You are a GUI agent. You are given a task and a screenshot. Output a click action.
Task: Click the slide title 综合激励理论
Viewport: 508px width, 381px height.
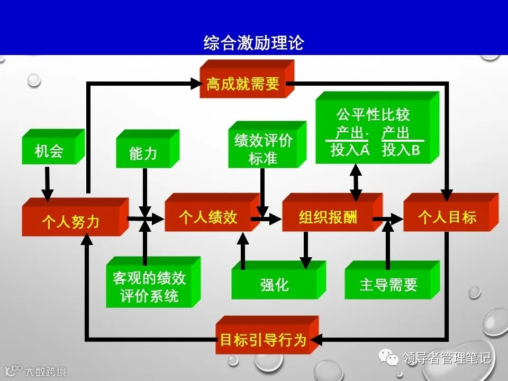[x=253, y=43]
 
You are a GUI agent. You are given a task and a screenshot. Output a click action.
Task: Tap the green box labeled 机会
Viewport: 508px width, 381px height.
[x=49, y=151]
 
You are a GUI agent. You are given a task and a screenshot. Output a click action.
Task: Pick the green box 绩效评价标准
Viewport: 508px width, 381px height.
[x=263, y=149]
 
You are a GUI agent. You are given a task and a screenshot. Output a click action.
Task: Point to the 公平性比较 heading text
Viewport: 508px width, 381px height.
[x=373, y=114]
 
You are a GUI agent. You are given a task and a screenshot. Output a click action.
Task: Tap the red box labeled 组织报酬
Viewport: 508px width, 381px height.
[x=328, y=217]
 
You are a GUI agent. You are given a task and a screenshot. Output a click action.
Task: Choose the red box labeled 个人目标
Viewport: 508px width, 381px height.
[x=447, y=217]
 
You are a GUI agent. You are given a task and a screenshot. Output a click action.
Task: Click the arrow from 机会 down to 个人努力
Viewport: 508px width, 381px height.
[x=48, y=183]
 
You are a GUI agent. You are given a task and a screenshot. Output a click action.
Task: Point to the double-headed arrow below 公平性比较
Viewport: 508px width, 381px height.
[x=356, y=181]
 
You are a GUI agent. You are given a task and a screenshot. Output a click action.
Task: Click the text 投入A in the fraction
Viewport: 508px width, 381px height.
[x=349, y=150]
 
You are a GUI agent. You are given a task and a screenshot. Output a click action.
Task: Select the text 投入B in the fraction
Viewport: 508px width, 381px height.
[x=401, y=150]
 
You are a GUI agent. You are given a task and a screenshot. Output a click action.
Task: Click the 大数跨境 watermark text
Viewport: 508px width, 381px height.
[x=46, y=372]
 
